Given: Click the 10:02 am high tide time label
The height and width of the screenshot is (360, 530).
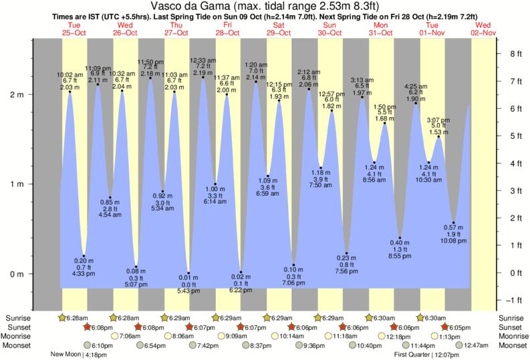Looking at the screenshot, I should tap(70, 73).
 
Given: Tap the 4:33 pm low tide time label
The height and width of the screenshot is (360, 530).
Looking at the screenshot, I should tap(84, 273).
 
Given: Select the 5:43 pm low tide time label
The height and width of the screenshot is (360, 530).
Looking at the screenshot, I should tap(188, 291).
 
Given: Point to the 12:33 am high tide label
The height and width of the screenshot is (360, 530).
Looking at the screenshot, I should tap(202, 60).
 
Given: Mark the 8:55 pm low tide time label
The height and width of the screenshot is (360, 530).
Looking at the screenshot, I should tap(400, 256).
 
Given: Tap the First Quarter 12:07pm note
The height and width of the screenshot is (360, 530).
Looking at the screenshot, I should tap(422, 355).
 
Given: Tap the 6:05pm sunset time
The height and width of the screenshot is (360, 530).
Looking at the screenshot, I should tap(459, 327).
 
